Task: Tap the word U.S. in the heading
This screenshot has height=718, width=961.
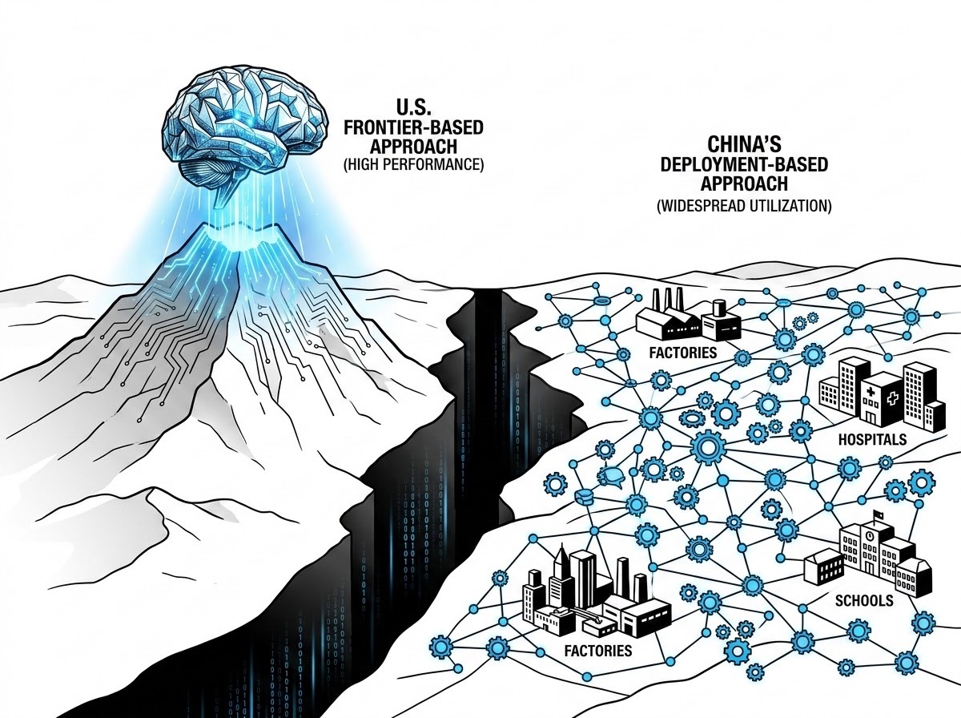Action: [413, 107]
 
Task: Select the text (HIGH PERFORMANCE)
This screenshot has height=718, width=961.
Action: [413, 165]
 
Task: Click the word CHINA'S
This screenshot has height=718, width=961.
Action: [744, 145]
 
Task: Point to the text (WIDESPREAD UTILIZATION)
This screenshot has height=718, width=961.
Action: [744, 205]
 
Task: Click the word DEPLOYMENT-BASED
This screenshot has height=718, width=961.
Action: [744, 164]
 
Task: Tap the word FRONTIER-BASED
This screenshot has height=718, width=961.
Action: [413, 127]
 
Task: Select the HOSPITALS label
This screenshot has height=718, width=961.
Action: [872, 439]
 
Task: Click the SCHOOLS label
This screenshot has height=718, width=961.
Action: [864, 600]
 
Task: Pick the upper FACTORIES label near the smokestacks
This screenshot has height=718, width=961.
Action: [682, 353]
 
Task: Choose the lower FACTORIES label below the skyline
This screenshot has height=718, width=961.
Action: [598, 651]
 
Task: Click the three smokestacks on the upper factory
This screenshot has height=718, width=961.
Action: [668, 300]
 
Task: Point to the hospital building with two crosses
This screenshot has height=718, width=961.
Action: [881, 402]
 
